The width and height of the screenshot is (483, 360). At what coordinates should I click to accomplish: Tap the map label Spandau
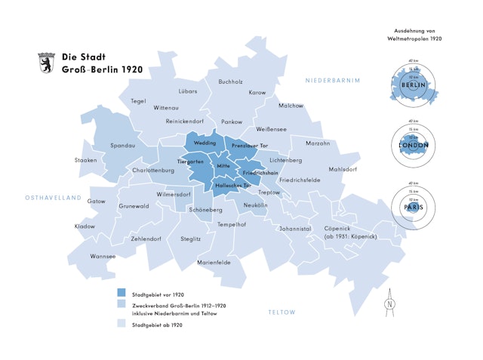(123, 145)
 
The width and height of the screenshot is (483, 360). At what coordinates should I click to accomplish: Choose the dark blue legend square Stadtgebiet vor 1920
(122, 294)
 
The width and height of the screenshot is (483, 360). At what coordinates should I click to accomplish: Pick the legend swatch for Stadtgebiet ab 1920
(122, 325)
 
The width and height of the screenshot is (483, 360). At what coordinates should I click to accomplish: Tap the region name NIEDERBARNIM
(333, 80)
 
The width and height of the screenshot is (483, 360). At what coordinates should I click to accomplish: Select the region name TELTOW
(282, 312)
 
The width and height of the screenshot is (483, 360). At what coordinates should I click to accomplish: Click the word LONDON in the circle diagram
(413, 145)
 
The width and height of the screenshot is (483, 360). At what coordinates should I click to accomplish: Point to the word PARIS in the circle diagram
(413, 206)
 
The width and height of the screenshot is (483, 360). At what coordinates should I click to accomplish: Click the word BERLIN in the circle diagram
(413, 85)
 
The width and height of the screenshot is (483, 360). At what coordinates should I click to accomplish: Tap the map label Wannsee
(103, 256)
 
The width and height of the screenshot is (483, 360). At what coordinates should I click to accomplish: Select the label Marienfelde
(214, 262)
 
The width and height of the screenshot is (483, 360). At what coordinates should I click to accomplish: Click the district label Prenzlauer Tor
(250, 145)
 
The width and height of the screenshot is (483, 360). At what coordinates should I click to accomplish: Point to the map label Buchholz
(230, 82)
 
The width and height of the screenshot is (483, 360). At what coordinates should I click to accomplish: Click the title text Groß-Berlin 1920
(102, 69)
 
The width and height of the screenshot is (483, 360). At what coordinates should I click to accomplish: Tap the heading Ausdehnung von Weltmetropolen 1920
(413, 32)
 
